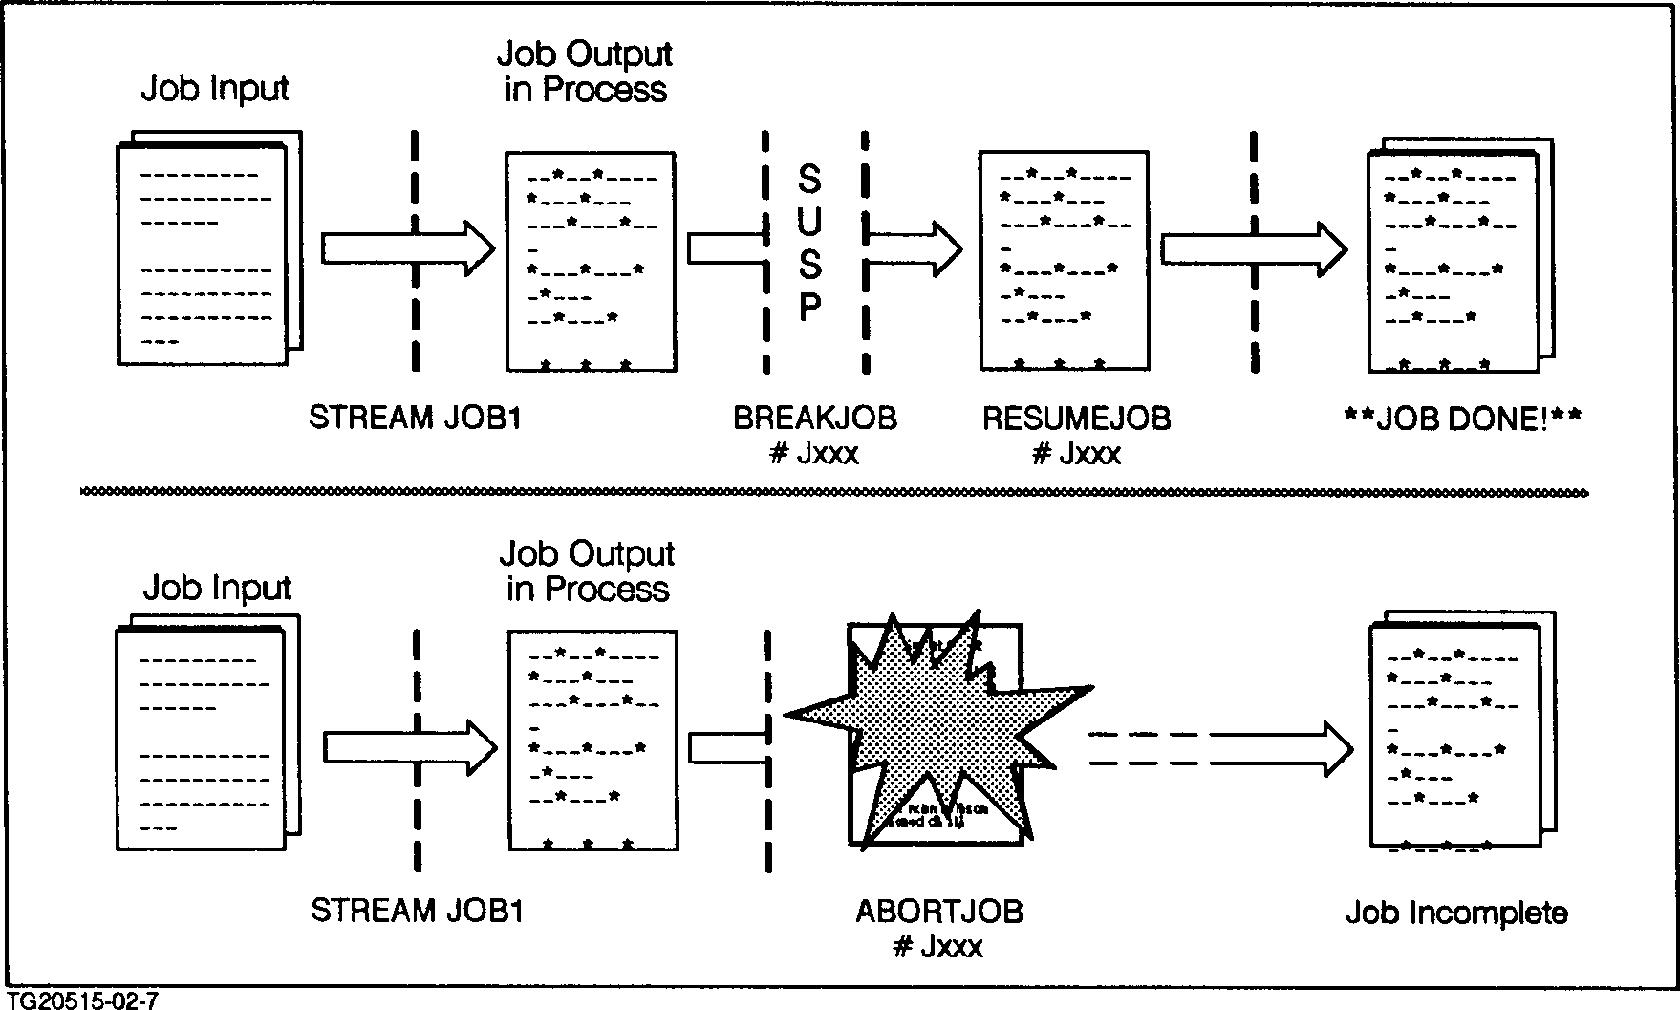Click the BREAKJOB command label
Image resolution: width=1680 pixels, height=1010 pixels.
(x=815, y=419)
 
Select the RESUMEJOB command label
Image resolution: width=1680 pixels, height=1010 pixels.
(x=1076, y=419)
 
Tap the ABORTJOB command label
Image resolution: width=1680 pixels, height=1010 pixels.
(x=939, y=912)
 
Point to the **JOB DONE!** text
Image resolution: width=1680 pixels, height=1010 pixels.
(x=1462, y=419)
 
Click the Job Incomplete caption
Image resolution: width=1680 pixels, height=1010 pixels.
(x=1456, y=913)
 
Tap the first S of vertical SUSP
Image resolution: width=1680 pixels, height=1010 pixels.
(x=809, y=179)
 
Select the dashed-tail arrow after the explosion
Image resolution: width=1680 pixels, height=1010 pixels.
(x=1223, y=748)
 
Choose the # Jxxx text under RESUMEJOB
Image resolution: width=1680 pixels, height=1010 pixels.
(x=1076, y=453)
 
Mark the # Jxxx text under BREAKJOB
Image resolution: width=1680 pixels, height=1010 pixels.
(x=814, y=453)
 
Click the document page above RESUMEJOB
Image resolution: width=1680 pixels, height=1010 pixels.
(x=1063, y=260)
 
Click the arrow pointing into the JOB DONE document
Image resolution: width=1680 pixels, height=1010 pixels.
(x=1254, y=249)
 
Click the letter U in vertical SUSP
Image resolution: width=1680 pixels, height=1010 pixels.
(x=809, y=222)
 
